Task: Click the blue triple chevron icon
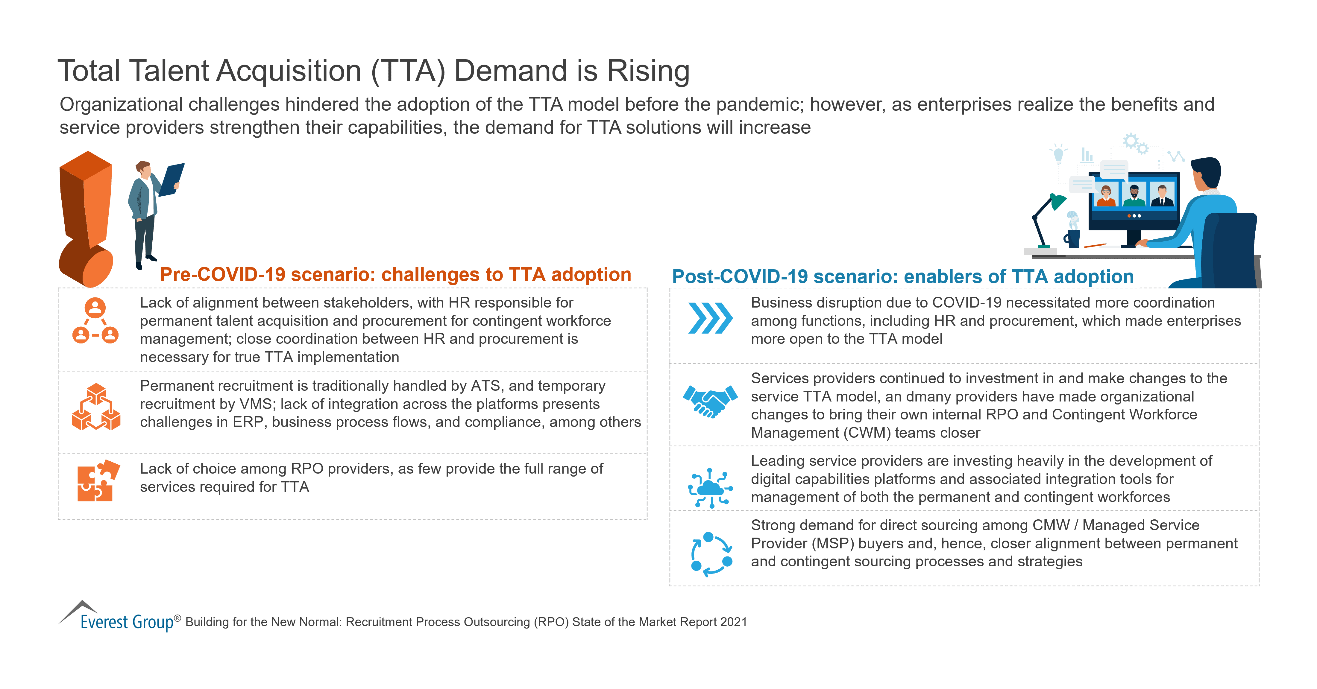tap(710, 318)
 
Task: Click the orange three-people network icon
tap(95, 321)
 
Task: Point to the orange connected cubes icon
tap(96, 407)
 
